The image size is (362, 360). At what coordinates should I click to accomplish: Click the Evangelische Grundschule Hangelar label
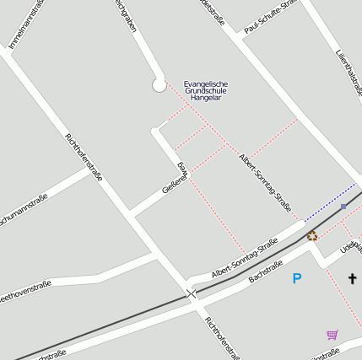pyautogui.click(x=205, y=90)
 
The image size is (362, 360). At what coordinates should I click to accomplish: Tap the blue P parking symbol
pyautogui.click(x=296, y=277)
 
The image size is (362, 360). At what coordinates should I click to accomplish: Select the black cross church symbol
pyautogui.click(x=352, y=277)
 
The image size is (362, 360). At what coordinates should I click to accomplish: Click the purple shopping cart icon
pyautogui.click(x=332, y=335)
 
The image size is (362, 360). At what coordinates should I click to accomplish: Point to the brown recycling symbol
pyautogui.click(x=311, y=236)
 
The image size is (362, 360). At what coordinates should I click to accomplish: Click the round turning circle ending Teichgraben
pyautogui.click(x=159, y=84)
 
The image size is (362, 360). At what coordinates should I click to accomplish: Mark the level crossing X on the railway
pyautogui.click(x=192, y=293)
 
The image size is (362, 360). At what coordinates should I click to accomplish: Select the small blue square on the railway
pyautogui.click(x=343, y=207)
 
